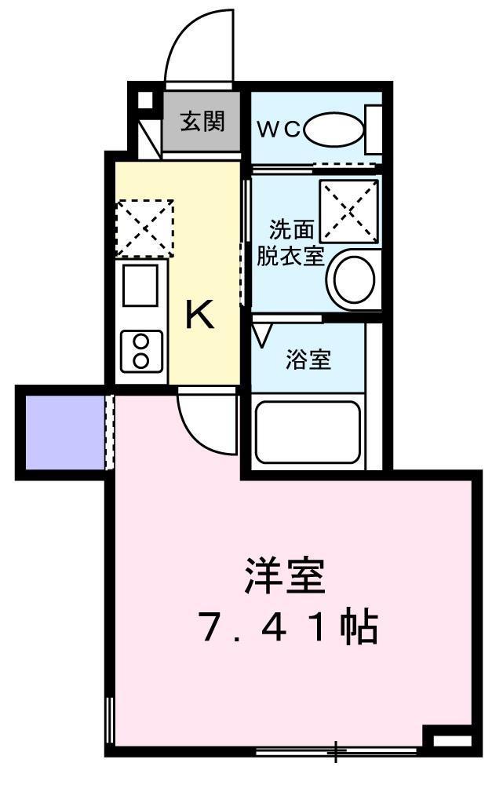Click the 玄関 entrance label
click(x=202, y=121)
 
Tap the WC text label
click(x=279, y=130)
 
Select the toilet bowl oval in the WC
click(x=334, y=130)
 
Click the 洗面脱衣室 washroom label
click(x=291, y=243)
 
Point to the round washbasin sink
click(x=355, y=280)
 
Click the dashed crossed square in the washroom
click(x=349, y=210)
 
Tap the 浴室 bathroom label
click(x=308, y=360)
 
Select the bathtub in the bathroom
click(x=308, y=432)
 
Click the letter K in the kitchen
click(x=199, y=315)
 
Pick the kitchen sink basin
click(x=140, y=284)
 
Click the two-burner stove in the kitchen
click(x=141, y=351)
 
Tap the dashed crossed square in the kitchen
click(x=144, y=228)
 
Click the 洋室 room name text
click(x=285, y=575)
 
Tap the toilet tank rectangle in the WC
click(x=374, y=130)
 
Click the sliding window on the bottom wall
click(x=337, y=751)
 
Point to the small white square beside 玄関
click(x=144, y=100)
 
